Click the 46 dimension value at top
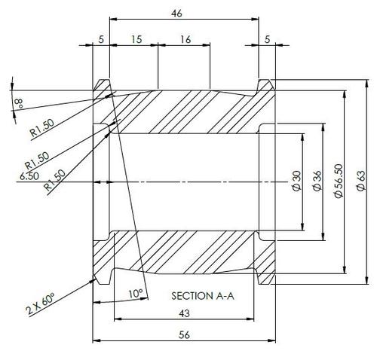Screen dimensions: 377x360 tap(176, 14)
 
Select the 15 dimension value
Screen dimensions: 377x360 tap(136, 39)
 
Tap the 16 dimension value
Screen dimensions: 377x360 tap(185, 39)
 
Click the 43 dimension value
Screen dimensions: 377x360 tap(184, 313)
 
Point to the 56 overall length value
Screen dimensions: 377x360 tap(184, 335)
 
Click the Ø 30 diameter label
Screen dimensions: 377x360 tap(297, 181)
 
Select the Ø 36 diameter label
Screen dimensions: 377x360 tap(317, 181)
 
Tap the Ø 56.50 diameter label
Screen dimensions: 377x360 tap(339, 181)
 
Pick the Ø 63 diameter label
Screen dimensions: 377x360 tap(361, 181)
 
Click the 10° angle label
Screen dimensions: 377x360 tap(136, 293)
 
